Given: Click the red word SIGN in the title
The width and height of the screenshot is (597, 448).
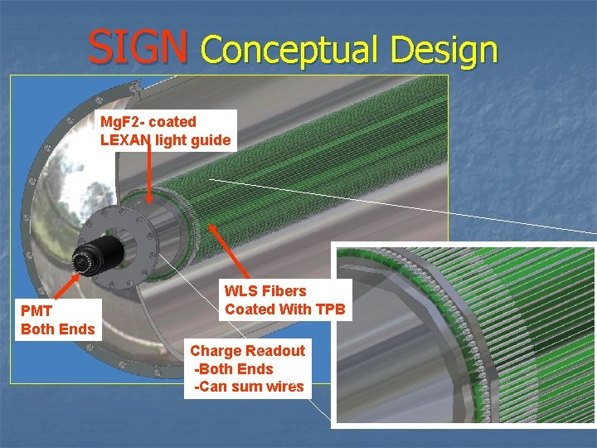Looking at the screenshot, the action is [x=138, y=47].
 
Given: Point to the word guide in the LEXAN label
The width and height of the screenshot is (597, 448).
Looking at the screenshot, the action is [x=211, y=140].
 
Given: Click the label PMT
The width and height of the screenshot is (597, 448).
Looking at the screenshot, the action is [x=36, y=311].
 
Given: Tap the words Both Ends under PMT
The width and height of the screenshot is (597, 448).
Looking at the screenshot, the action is [x=58, y=329].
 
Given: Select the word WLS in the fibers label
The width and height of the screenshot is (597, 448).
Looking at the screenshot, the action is [x=240, y=291].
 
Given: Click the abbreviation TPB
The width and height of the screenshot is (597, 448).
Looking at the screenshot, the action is [x=328, y=309].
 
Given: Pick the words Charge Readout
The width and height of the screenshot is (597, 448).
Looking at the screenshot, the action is [x=248, y=351].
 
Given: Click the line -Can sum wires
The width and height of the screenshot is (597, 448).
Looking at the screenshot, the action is [x=249, y=387].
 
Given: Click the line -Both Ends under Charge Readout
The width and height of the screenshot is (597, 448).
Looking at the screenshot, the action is [x=233, y=369].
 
